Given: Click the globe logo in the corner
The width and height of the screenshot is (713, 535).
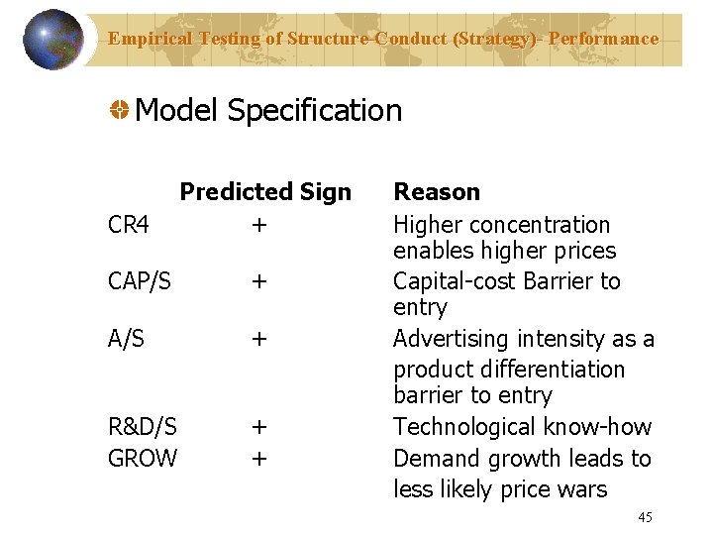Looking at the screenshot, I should pos(52,40).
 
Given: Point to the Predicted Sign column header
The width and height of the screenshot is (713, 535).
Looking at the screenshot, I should pos(265,192).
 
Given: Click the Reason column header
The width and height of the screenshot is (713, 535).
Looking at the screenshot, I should pos(437,192).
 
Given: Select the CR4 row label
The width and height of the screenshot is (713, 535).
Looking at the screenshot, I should pos(129,226).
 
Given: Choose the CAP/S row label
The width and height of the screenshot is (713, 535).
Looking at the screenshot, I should pos(140,282).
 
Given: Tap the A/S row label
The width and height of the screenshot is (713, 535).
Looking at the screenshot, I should pos(127,339).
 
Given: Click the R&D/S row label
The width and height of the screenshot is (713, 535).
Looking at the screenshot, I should pos(143,427).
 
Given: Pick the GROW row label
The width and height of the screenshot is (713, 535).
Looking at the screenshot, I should pos(143,459).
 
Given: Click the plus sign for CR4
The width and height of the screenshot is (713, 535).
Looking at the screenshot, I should pos(258,226).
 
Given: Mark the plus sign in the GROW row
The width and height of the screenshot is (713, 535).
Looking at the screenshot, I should pos(258,459).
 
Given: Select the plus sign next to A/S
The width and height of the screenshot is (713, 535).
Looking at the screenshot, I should pos(258,339).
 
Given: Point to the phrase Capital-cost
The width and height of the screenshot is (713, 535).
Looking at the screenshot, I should pos(453,282).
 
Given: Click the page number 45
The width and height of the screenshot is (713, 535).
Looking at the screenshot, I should pos(645,517).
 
